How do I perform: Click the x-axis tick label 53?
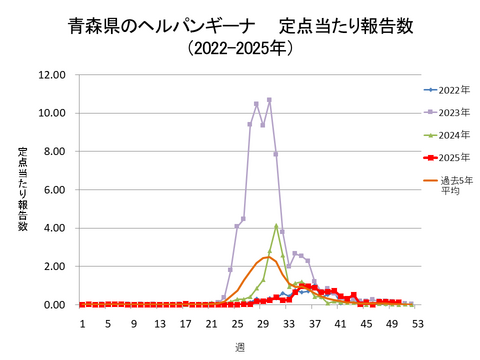point(416,324)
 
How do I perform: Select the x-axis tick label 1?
point(83,324)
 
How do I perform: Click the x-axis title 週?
point(240,347)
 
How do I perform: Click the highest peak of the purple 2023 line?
point(269,100)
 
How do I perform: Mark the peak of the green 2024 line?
point(276,225)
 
